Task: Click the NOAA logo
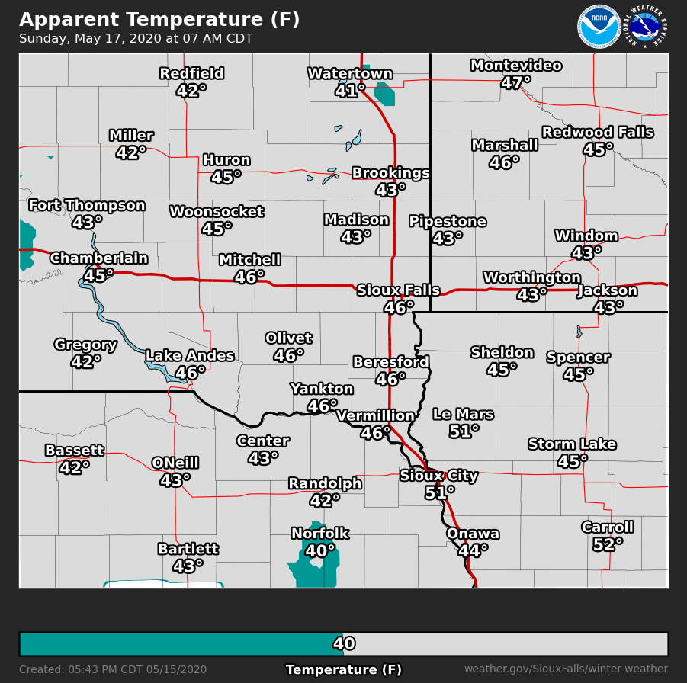[599, 27]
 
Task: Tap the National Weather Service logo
[647, 27]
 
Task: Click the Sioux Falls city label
[398, 290]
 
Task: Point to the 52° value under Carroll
[607, 544]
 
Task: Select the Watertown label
[350, 74]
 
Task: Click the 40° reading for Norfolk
[319, 550]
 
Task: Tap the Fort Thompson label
[87, 206]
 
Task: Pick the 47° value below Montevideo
[516, 82]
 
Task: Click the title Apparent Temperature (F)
[159, 19]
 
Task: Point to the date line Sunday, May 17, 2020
[136, 39]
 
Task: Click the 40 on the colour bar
[344, 644]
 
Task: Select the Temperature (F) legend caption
[343, 669]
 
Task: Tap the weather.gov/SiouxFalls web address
[566, 669]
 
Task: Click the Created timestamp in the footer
[113, 669]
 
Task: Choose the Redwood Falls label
[597, 133]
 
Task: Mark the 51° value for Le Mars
[464, 431]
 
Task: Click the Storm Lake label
[572, 444]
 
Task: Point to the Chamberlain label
[99, 258]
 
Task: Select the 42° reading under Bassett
[74, 467]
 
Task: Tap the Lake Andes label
[189, 356]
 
